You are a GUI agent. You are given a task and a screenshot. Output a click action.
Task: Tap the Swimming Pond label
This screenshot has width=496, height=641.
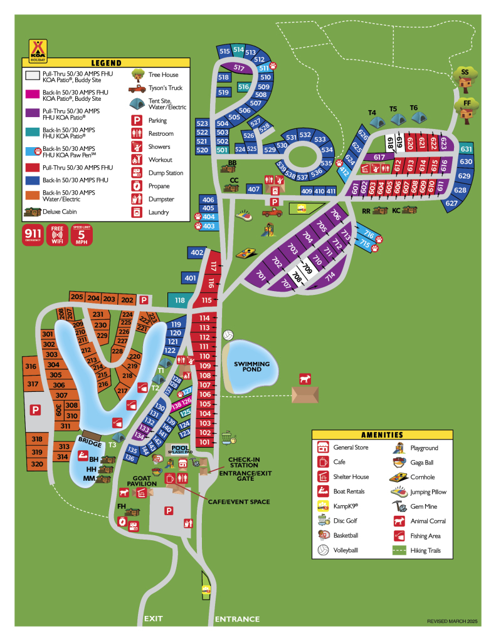tap(251, 367)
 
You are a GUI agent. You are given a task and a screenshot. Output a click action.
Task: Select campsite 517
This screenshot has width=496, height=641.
tap(238, 68)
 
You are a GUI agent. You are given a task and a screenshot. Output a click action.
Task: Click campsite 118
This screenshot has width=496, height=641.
tap(179, 300)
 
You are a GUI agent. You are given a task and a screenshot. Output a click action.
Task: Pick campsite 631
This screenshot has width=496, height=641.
tap(466, 149)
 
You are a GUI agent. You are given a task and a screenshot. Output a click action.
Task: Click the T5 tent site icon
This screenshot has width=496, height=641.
tap(394, 118)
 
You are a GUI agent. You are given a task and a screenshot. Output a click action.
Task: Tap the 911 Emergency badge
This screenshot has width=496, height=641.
tap(33, 233)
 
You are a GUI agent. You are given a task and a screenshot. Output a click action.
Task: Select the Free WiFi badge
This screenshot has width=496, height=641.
tap(58, 233)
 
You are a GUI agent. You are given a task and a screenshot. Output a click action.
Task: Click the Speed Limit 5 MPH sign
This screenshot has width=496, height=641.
tap(82, 233)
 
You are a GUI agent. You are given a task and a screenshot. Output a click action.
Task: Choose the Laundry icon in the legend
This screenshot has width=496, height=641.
tap(137, 212)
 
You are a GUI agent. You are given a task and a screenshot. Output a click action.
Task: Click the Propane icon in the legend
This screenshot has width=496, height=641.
tap(137, 186)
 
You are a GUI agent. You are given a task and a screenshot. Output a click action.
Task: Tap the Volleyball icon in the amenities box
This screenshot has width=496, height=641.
tap(323, 550)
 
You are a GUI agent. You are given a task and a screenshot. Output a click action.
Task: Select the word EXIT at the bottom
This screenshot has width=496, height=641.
tap(154, 618)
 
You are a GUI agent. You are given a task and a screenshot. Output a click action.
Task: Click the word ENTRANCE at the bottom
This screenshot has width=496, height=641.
tap(237, 619)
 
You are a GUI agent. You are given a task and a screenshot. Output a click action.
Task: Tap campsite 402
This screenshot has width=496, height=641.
tap(197, 253)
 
